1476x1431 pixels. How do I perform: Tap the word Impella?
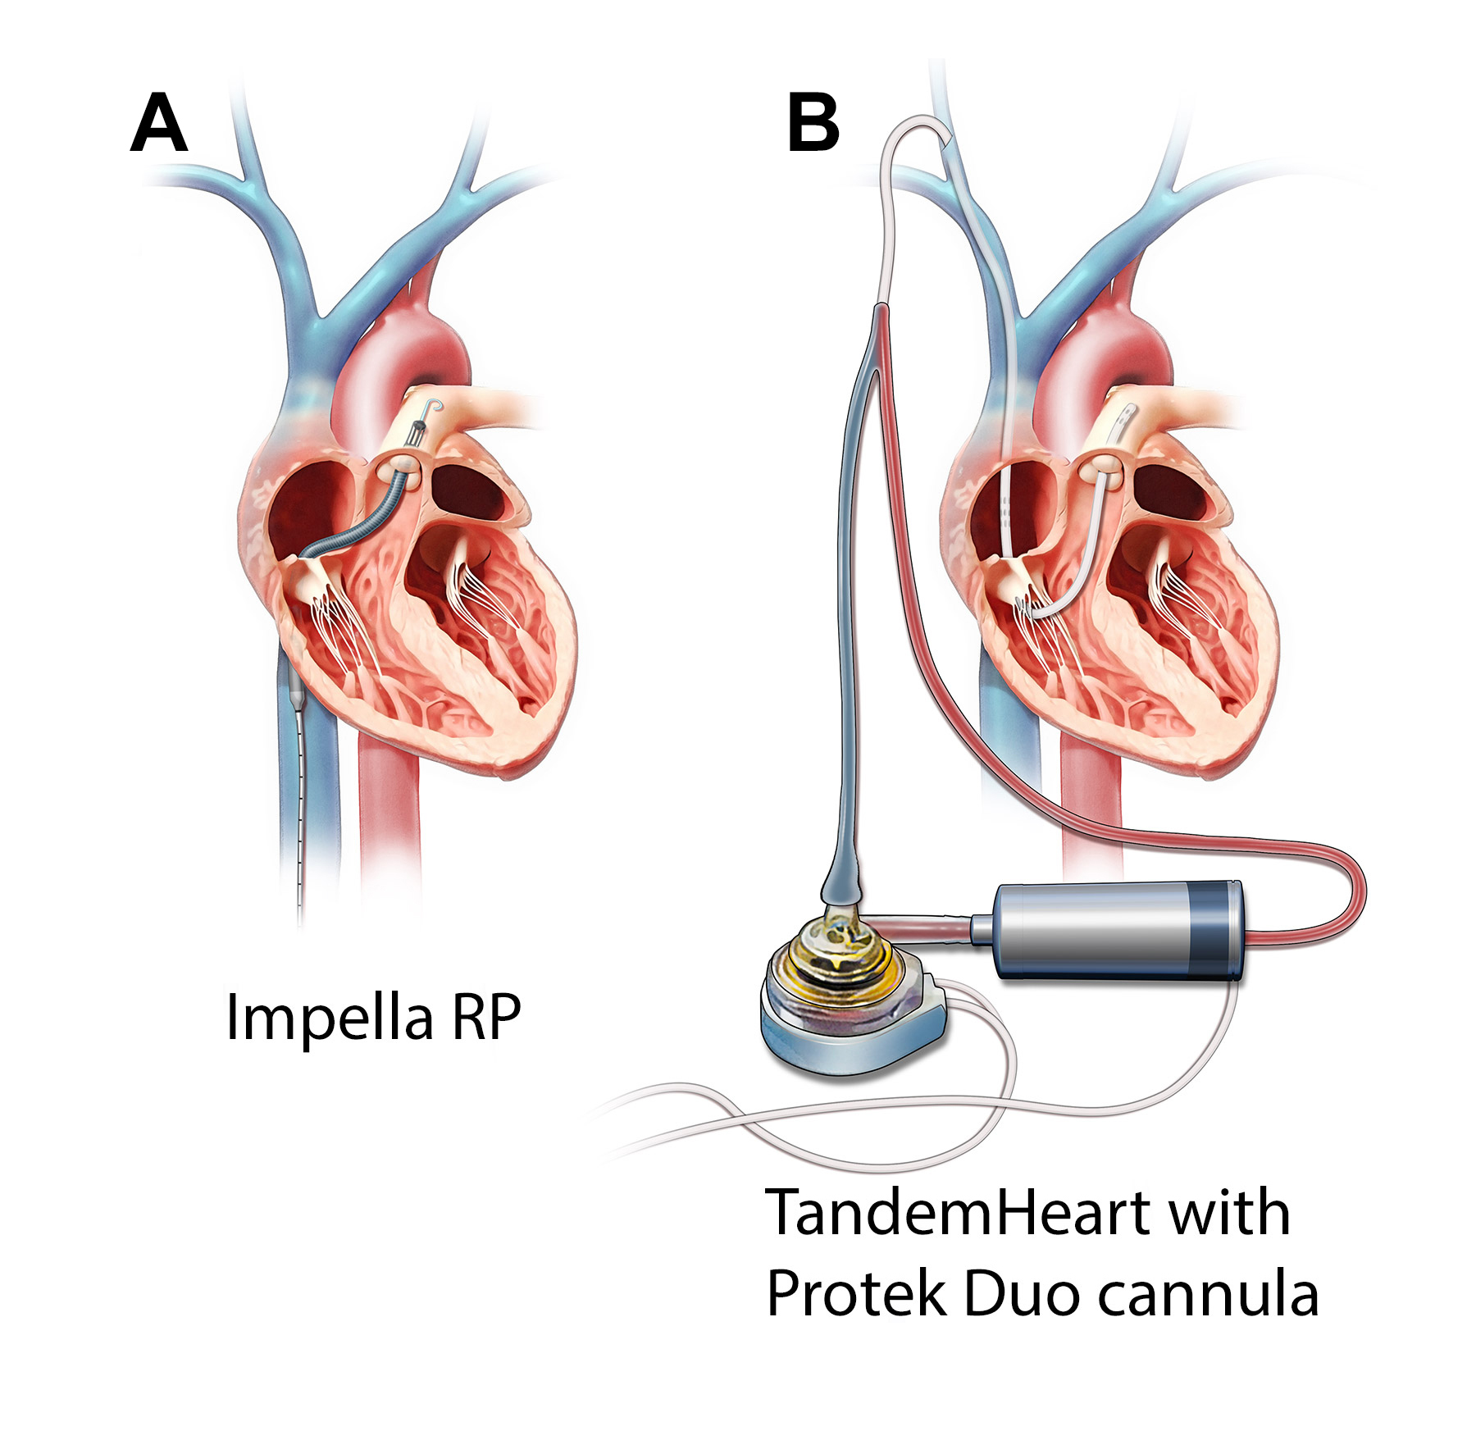[329, 1018]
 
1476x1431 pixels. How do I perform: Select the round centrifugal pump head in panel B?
[853, 996]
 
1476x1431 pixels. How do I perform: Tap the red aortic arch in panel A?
[407, 344]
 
